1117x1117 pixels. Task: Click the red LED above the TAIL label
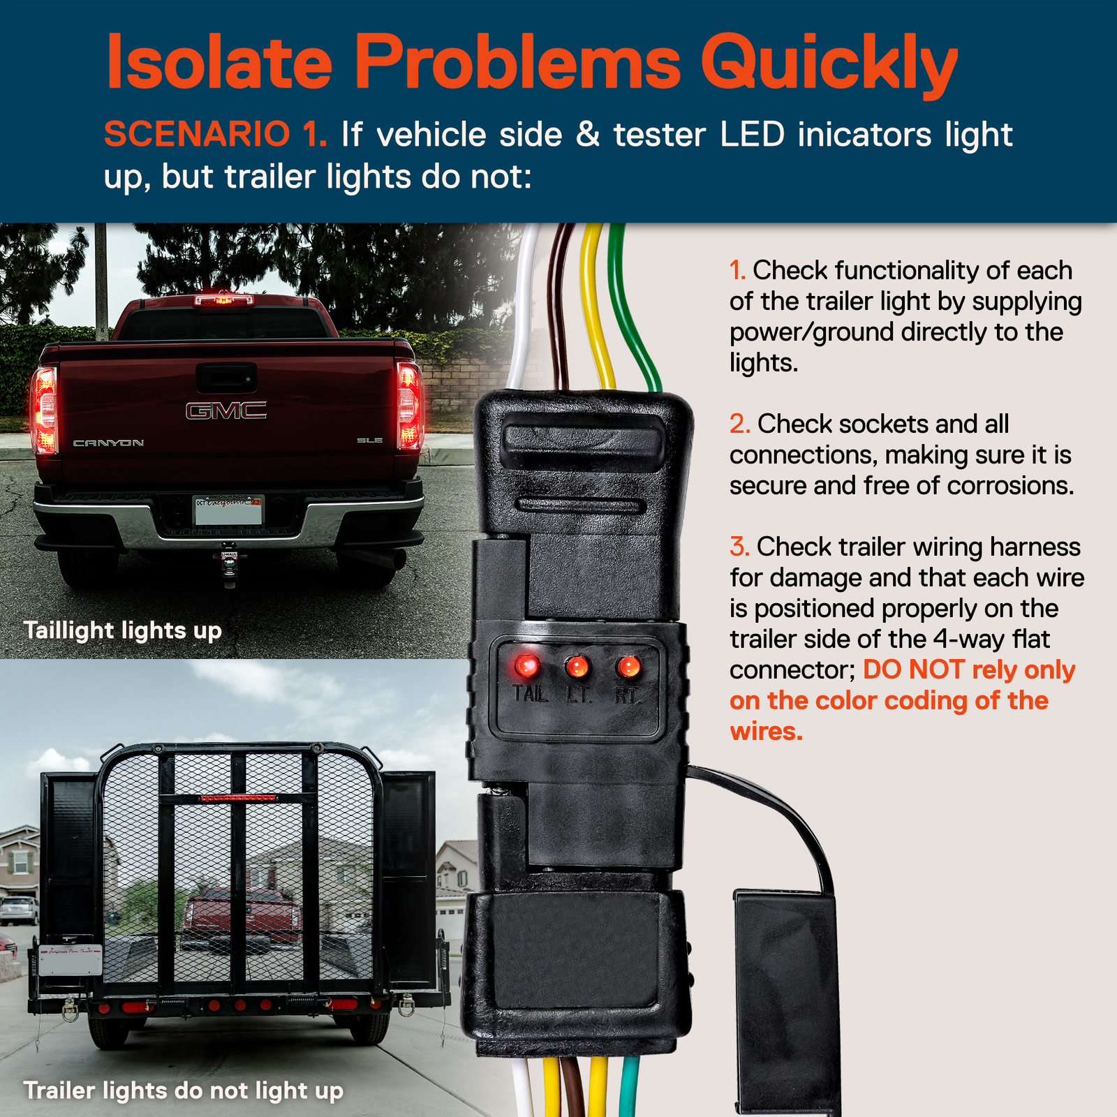[527, 666]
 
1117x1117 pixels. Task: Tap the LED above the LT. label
[577, 667]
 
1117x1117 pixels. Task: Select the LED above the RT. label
[628, 667]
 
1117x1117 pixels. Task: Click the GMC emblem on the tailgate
[225, 410]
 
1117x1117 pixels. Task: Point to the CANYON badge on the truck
[109, 443]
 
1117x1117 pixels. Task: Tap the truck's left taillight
[44, 410]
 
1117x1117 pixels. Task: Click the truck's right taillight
[409, 406]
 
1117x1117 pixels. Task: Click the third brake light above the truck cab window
[224, 300]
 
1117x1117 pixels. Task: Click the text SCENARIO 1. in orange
[215, 134]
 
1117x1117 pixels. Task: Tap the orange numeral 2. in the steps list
[739, 424]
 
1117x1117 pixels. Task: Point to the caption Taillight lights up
[123, 630]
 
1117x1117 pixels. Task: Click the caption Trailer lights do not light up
[183, 1090]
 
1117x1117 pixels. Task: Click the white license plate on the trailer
[71, 960]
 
